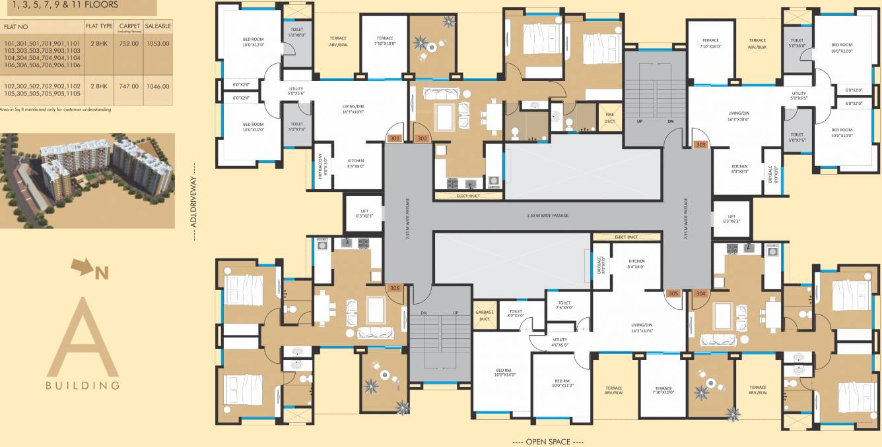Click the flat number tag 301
click(395, 138)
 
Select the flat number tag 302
click(422, 138)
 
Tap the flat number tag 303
click(700, 144)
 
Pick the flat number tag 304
click(700, 293)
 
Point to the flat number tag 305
click(673, 293)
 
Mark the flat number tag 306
click(395, 288)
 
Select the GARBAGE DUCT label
click(485, 315)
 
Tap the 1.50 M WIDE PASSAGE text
click(547, 216)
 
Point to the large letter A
click(83, 338)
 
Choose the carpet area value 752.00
click(129, 44)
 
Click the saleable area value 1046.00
click(158, 86)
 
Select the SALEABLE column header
click(158, 26)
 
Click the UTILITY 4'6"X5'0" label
click(560, 342)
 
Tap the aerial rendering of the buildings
click(87, 180)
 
